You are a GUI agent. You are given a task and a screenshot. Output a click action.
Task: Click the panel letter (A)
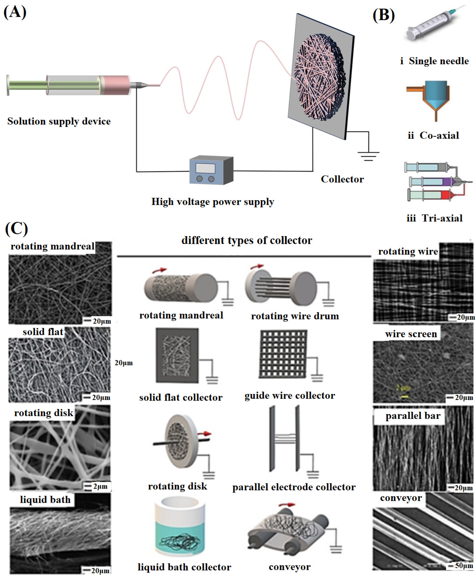tap(15, 12)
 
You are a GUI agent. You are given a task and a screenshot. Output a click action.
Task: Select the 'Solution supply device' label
tap(59, 121)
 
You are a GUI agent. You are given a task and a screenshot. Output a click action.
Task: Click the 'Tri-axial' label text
tap(442, 218)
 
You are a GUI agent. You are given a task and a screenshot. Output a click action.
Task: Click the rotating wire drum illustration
tap(281, 288)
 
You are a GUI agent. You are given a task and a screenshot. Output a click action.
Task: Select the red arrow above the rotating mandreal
tap(160, 270)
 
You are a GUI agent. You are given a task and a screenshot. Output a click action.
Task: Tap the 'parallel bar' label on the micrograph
tap(413, 416)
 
